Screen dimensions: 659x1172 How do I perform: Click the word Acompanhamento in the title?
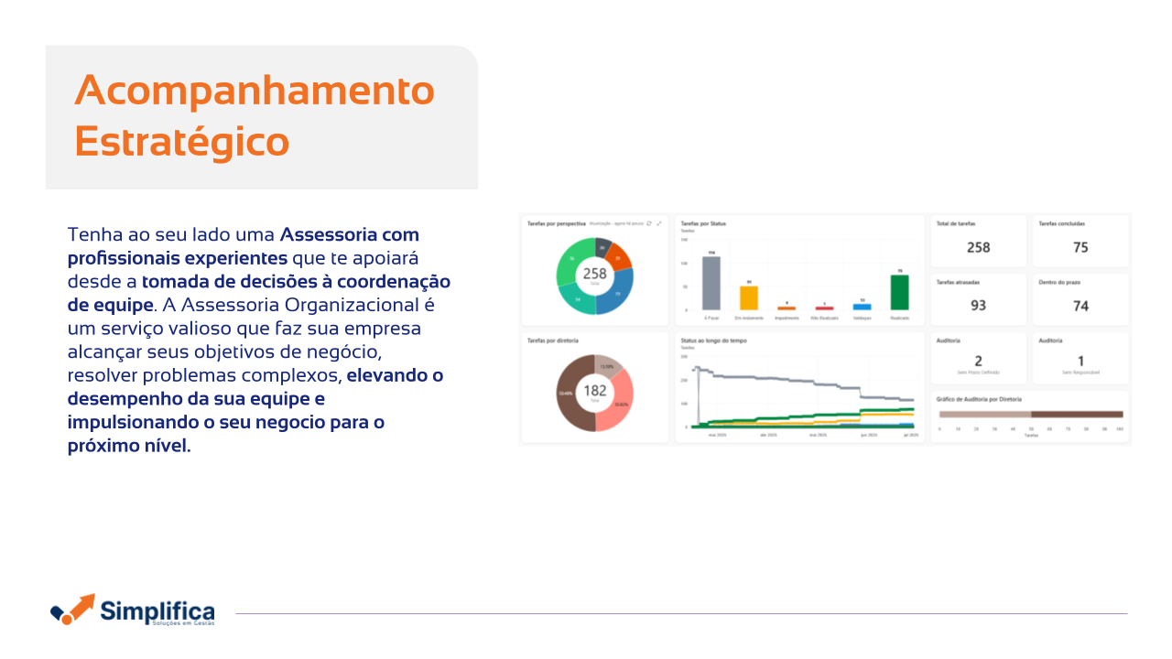coord(255,91)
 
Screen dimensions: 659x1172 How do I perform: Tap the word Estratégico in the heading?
coord(181,142)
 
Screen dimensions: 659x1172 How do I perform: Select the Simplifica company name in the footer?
coord(157,610)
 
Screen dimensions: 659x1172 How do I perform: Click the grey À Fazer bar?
coord(711,284)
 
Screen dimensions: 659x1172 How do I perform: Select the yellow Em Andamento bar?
coord(749,297)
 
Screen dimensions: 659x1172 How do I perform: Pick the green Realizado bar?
coord(899,292)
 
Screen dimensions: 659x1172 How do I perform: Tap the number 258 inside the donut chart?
coord(595,274)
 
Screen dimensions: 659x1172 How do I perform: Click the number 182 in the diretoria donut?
coord(595,391)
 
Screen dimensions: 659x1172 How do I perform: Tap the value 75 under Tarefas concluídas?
coord(1080,247)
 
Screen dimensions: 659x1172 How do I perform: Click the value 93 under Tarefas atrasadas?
coord(978,306)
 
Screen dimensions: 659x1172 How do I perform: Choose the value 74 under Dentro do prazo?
coord(1080,306)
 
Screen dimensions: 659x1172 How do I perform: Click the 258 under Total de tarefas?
coord(978,247)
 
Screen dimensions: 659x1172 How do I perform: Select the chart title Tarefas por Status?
coord(703,223)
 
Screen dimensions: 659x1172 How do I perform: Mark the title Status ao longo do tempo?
coord(713,340)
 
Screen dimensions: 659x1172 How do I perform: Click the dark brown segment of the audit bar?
coord(1077,415)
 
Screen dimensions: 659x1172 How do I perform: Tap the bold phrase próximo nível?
coord(129,446)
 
